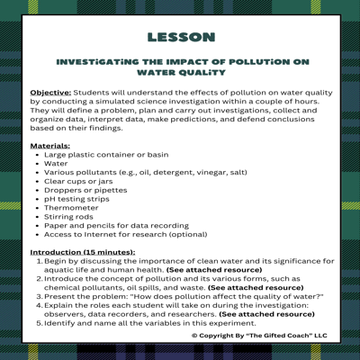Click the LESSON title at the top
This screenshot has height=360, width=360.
click(180, 37)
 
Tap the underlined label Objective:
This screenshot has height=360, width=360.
click(50, 92)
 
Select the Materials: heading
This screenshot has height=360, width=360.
click(50, 144)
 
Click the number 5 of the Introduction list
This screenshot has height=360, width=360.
click(39, 321)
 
